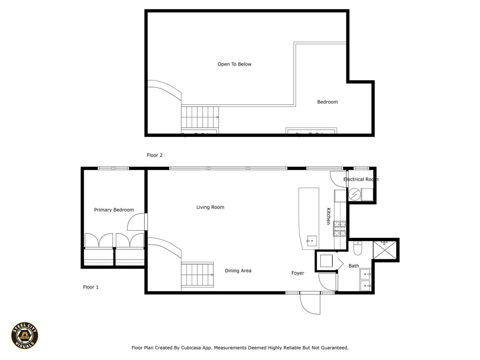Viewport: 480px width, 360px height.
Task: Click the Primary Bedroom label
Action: pos(114,210)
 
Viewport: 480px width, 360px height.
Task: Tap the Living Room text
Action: pos(210,207)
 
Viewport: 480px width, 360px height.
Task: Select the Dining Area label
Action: pos(238,271)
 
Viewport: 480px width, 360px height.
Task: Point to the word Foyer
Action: pos(298,273)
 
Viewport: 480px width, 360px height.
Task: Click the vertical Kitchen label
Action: pos(329,216)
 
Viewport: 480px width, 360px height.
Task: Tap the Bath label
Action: pos(353,266)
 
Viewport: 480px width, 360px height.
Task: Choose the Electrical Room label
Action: pos(360,180)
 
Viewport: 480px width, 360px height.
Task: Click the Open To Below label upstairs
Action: pos(234,64)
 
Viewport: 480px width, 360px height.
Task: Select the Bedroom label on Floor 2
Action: pos(327,102)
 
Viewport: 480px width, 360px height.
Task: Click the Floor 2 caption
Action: pos(155,155)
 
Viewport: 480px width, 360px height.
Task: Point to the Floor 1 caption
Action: pos(90,287)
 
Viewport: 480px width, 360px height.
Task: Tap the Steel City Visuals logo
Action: pos(25,335)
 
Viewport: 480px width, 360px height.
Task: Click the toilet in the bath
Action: pos(358,248)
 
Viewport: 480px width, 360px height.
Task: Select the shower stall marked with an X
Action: pos(384,249)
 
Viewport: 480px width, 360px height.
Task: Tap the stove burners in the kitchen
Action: pos(339,228)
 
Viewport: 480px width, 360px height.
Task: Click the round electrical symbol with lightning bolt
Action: pos(355,194)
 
